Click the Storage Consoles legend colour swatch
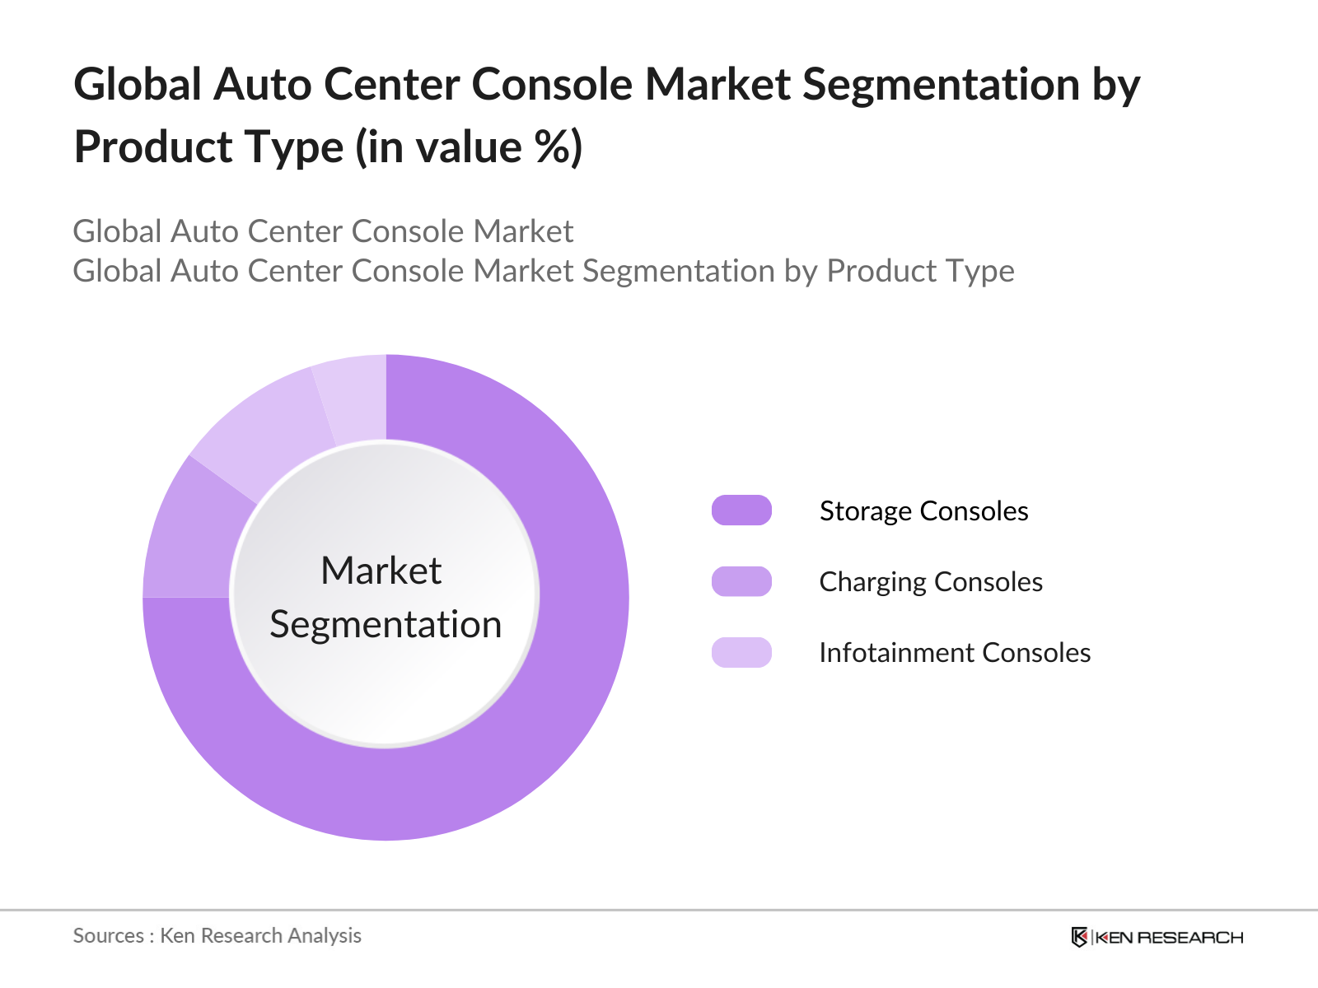click(741, 510)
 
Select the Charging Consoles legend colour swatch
click(741, 581)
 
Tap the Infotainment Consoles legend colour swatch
click(741, 652)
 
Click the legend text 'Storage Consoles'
click(923, 511)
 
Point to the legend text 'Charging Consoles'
click(931, 582)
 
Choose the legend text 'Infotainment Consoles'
click(955, 653)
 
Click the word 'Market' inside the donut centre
click(381, 571)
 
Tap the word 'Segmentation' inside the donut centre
click(386, 624)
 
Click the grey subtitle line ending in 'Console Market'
click(323, 231)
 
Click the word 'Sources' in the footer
click(108, 936)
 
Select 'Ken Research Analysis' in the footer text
click(260, 936)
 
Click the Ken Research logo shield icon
click(1079, 937)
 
